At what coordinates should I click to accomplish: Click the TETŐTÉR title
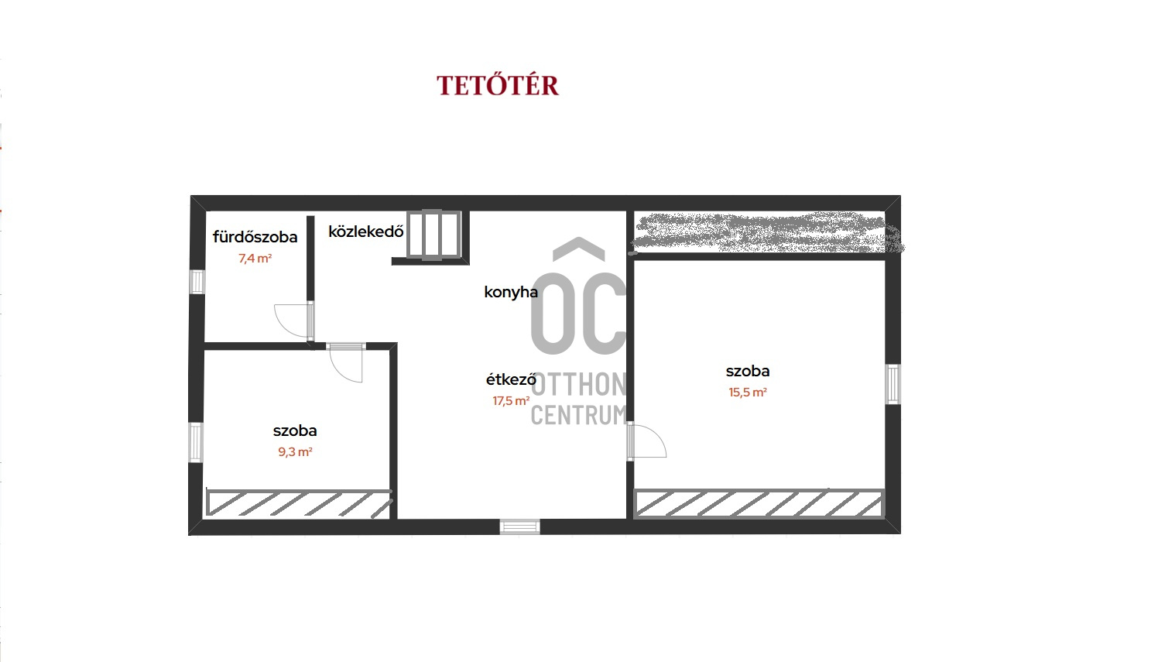tap(498, 85)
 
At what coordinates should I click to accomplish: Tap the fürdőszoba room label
tap(255, 237)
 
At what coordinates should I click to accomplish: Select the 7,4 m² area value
tap(255, 258)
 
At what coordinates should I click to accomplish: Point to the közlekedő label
tap(366, 232)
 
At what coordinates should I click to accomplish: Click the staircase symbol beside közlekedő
tap(433, 235)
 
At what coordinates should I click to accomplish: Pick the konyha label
tap(511, 292)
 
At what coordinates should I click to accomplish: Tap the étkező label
tap(511, 379)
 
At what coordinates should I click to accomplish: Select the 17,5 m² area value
tap(511, 401)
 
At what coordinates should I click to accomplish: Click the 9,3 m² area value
tap(295, 452)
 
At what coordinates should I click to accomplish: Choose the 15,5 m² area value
tap(748, 392)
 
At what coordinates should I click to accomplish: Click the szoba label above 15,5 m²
tap(748, 371)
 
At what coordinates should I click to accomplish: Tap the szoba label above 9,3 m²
tap(295, 430)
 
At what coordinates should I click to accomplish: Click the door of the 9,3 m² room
tap(346, 363)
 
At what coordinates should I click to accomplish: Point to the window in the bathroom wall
tap(197, 282)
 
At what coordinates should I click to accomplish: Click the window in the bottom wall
tap(519, 527)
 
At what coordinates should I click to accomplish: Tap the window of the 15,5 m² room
tap(892, 384)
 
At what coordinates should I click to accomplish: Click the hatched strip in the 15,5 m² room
tap(759, 503)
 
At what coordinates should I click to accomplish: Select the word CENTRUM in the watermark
tap(579, 415)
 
